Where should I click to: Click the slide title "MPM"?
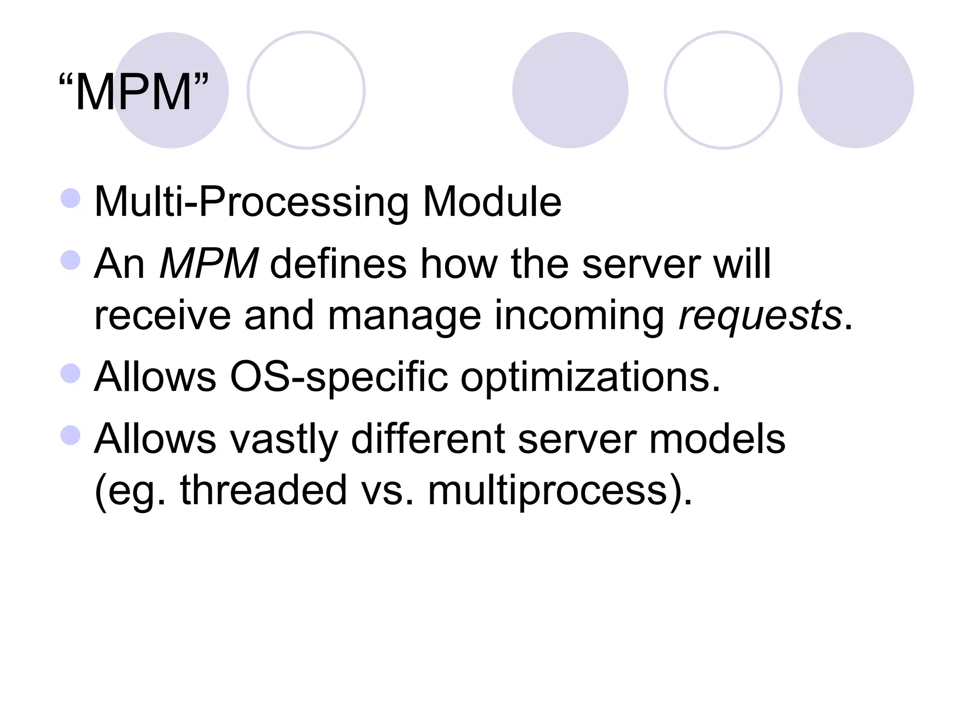tap(133, 92)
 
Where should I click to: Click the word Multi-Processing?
tap(251, 202)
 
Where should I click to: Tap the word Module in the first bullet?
tap(492, 202)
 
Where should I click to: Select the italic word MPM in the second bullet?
tap(208, 264)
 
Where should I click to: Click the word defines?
tap(338, 264)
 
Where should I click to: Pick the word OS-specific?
tap(339, 377)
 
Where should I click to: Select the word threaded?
tap(263, 491)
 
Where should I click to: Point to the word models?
tap(717, 439)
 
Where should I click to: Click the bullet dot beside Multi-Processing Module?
tap(70, 198)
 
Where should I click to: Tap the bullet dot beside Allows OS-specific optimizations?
tap(70, 374)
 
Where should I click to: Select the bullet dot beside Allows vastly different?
tap(70, 435)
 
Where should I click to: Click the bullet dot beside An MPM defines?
tap(70, 260)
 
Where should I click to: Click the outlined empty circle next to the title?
tap(306, 90)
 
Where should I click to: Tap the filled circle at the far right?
tap(855, 90)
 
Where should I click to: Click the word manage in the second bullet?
tap(404, 315)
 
